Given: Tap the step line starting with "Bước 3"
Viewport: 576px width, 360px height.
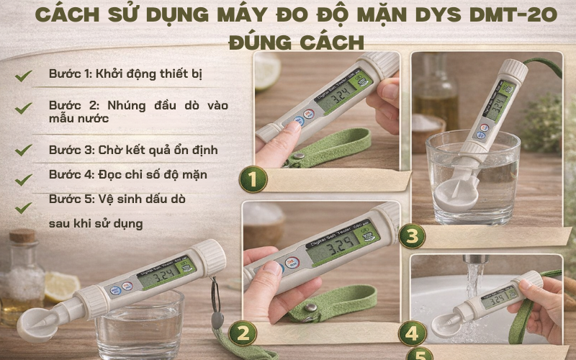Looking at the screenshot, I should click(133, 150).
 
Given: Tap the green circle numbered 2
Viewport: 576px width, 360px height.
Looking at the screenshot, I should click(243, 333).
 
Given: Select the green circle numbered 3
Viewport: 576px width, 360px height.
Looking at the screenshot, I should click(412, 235).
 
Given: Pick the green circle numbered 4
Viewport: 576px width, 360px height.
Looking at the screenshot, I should click(412, 333).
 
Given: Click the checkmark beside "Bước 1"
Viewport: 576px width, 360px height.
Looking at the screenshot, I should click(24, 75).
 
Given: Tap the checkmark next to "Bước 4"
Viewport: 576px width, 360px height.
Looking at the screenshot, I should click(24, 178).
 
